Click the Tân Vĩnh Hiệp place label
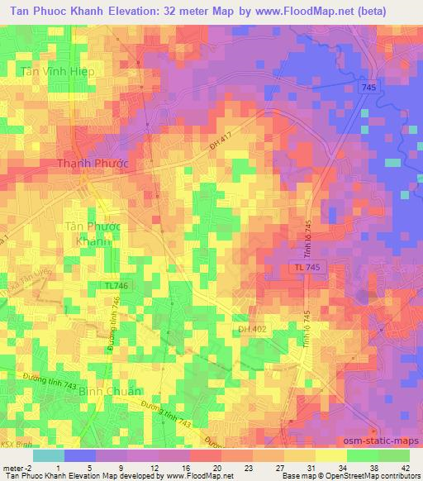[55, 71]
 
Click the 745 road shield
[369, 88]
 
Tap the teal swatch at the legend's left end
[49, 455]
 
